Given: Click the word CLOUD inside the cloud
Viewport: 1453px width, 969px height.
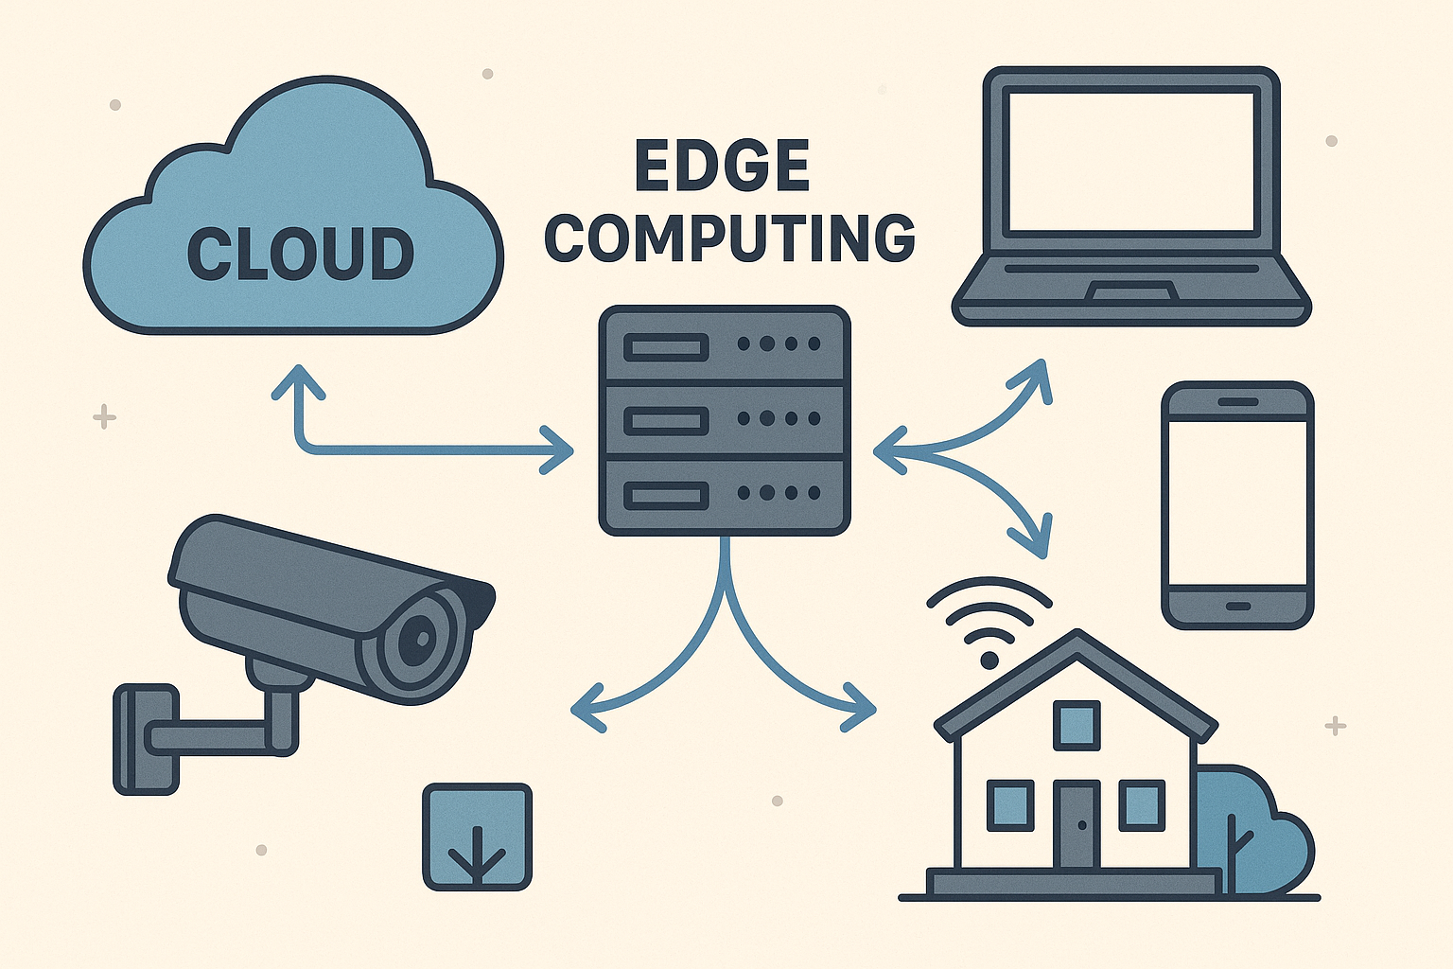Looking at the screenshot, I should (300, 254).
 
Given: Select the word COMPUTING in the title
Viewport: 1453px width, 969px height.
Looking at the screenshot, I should (729, 238).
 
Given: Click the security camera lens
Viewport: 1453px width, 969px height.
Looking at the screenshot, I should (417, 643).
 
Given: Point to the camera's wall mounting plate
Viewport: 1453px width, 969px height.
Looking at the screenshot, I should (146, 739).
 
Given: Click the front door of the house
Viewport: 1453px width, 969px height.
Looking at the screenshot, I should (1077, 823).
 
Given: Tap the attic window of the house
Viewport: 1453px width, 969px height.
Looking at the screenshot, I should (1077, 725).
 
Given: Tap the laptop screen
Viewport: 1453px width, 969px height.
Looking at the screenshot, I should (1130, 162).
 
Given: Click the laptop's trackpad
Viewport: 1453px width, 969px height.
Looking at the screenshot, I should (1130, 291).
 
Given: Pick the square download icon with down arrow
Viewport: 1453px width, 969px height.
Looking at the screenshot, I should (477, 837).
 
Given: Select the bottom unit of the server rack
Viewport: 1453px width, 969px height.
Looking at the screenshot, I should (725, 495).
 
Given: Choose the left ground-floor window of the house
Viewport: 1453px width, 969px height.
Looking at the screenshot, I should (1010, 805).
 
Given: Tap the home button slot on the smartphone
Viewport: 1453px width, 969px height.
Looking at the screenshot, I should (1237, 606).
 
